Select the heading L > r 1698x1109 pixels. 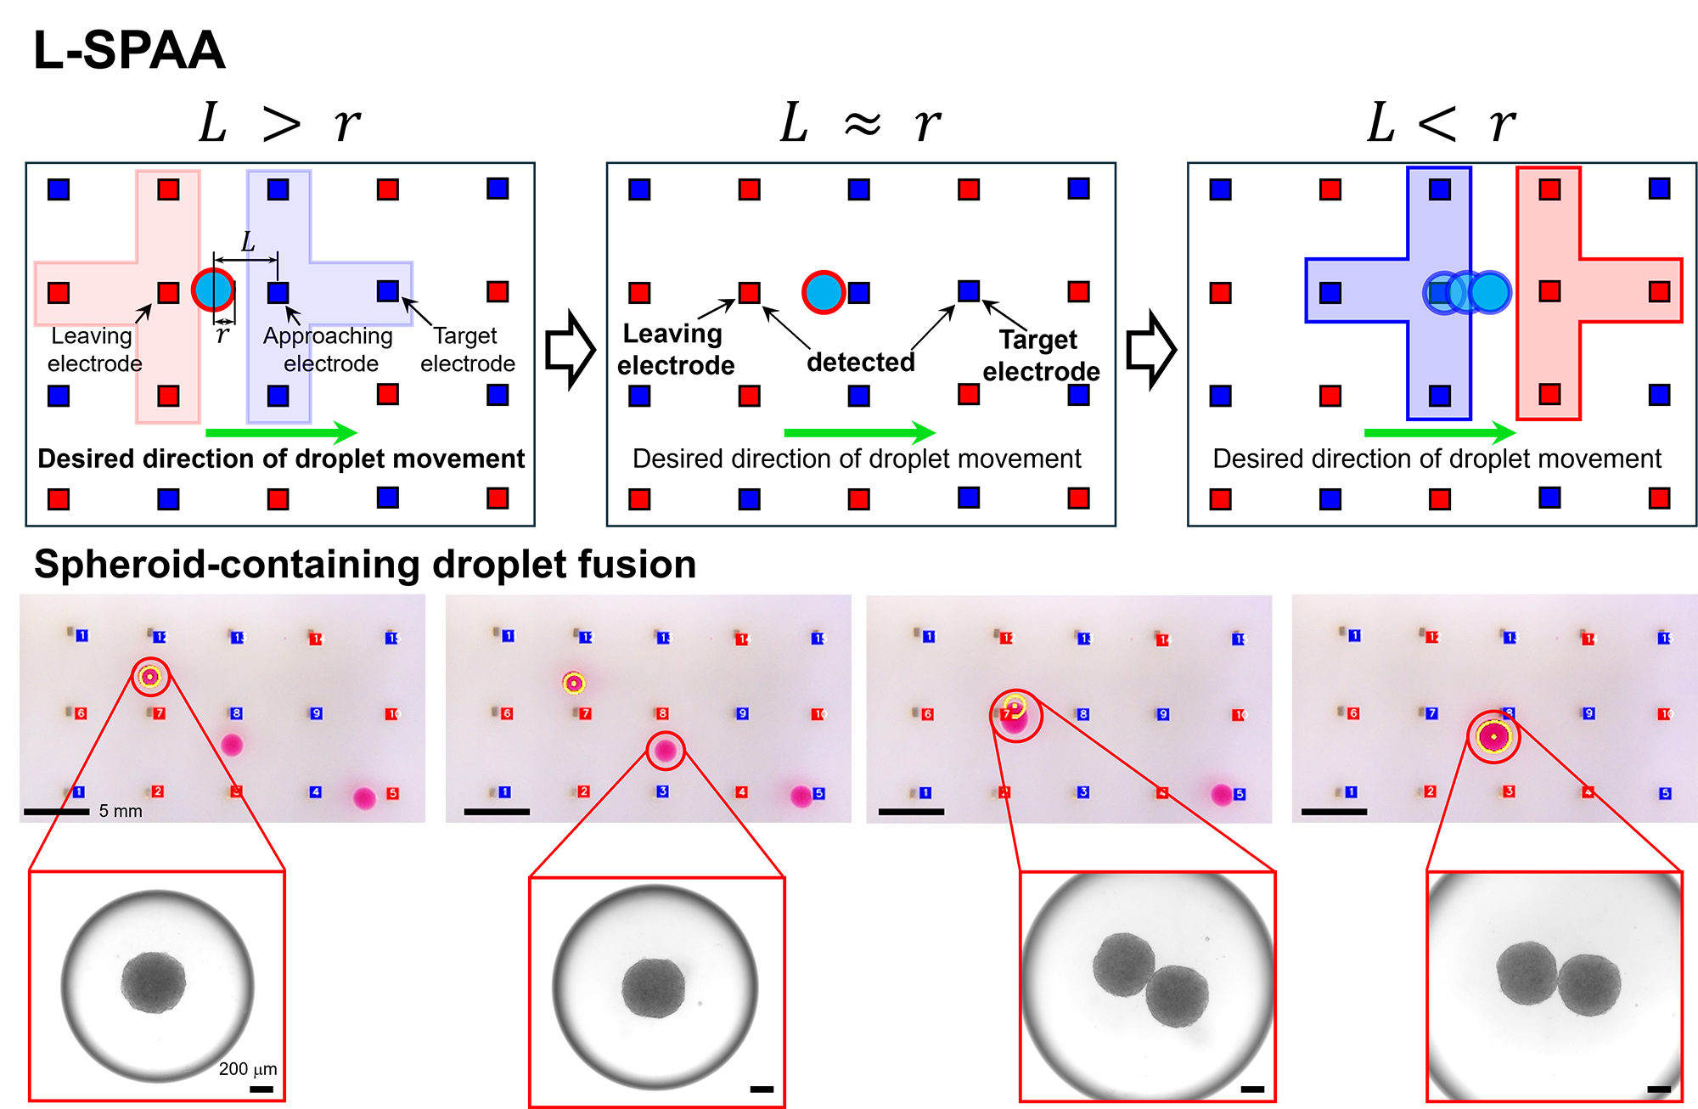[279, 124]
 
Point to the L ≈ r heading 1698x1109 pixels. [860, 124]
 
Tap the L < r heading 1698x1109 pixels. [1441, 124]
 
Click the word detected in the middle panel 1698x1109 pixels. [860, 363]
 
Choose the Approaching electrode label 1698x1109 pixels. [329, 349]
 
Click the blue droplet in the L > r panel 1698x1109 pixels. [213, 290]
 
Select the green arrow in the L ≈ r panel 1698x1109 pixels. [859, 432]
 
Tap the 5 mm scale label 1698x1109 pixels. [121, 811]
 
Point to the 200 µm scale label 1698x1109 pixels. [247, 1069]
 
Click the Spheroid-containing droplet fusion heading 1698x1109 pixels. [365, 565]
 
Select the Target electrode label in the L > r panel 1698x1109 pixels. [467, 349]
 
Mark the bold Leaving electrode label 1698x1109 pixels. [675, 349]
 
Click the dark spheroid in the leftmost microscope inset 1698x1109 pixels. [153, 982]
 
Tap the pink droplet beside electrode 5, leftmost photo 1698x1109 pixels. [364, 798]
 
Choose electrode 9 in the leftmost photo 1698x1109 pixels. [316, 713]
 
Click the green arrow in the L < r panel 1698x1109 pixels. [1440, 432]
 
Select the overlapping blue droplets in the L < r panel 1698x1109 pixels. [1467, 292]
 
